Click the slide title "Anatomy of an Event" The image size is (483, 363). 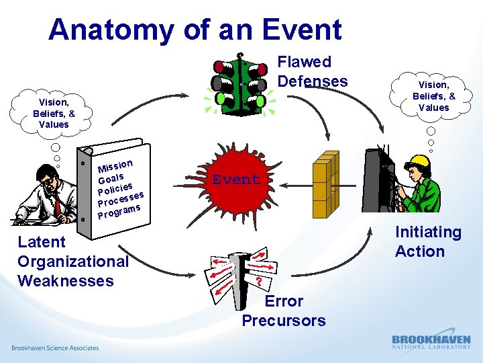click(x=195, y=30)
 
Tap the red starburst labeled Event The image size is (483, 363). click(x=235, y=179)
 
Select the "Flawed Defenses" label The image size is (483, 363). click(x=313, y=72)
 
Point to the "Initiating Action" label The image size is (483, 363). click(x=428, y=242)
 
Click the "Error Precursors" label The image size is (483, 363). click(x=284, y=311)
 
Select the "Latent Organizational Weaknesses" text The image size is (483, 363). click(x=72, y=261)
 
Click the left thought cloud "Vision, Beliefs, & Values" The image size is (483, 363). click(x=54, y=114)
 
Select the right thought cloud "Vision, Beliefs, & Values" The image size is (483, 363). click(x=433, y=96)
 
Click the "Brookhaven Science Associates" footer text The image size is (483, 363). click(x=55, y=348)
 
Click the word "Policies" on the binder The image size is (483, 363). click(x=115, y=188)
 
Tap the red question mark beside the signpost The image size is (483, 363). click(x=258, y=280)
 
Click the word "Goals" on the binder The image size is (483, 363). click(x=111, y=177)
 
